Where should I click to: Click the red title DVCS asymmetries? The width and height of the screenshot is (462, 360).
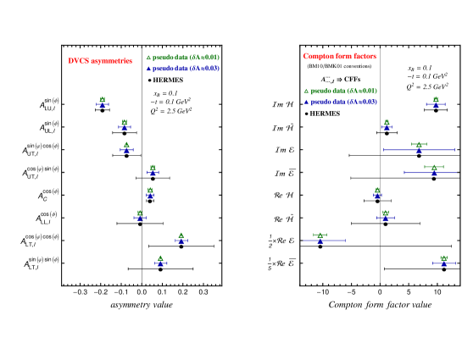[100, 61]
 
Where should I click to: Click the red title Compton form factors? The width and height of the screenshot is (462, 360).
[339, 56]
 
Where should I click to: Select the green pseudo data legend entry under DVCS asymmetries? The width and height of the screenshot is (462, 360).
[182, 58]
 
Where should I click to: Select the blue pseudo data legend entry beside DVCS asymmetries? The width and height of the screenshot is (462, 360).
[182, 69]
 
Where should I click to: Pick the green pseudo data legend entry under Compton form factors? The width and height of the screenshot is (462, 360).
[340, 91]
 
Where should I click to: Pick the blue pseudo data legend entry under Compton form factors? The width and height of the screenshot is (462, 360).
[340, 102]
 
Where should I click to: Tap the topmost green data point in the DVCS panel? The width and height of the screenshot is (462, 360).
[103, 99]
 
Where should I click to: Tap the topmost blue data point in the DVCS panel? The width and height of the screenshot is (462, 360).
[103, 105]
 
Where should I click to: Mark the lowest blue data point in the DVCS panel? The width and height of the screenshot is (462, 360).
[160, 264]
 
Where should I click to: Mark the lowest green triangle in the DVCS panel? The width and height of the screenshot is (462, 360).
[160, 258]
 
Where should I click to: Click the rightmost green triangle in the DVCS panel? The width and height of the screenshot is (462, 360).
[181, 235]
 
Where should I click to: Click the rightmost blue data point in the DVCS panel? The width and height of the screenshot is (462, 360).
[181, 241]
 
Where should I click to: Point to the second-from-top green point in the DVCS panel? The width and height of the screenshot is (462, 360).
[124, 122]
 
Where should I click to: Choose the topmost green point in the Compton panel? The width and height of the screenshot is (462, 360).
[436, 99]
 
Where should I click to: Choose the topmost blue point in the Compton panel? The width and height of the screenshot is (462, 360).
[436, 105]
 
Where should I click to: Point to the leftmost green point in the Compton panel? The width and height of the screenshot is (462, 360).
[320, 235]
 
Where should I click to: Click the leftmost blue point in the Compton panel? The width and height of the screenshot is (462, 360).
[320, 241]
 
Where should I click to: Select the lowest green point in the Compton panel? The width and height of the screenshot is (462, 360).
[443, 258]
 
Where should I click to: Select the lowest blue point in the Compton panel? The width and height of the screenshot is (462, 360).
[443, 264]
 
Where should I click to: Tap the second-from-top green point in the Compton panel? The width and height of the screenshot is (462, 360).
[387, 122]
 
